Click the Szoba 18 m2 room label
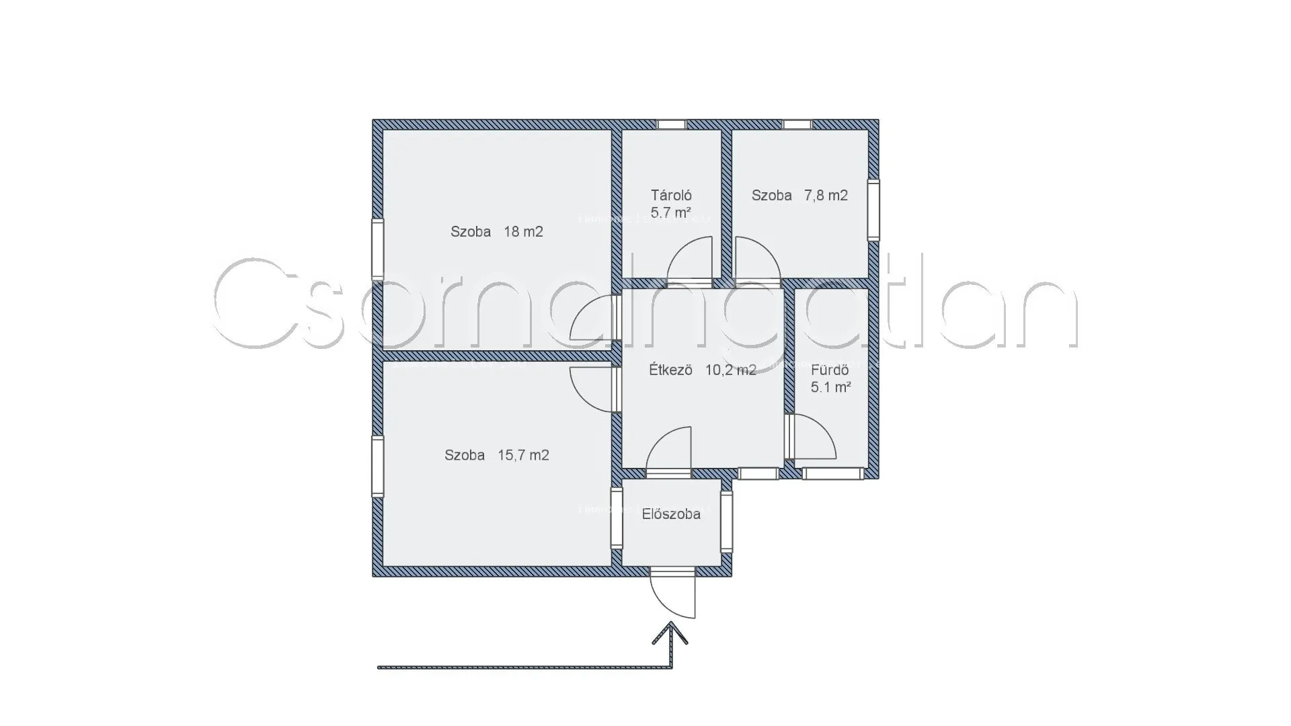496,232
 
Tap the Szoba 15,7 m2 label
496,455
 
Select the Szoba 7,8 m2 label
799,196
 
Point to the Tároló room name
671,196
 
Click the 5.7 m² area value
671,213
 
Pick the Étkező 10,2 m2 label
703,370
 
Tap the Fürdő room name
830,370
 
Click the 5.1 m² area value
830,387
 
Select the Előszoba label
671,514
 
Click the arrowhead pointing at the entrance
670,633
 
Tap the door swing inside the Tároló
691,259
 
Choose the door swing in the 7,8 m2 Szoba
756,259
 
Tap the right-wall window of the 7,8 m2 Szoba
873,210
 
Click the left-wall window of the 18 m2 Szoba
378,249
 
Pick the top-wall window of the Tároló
671,124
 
